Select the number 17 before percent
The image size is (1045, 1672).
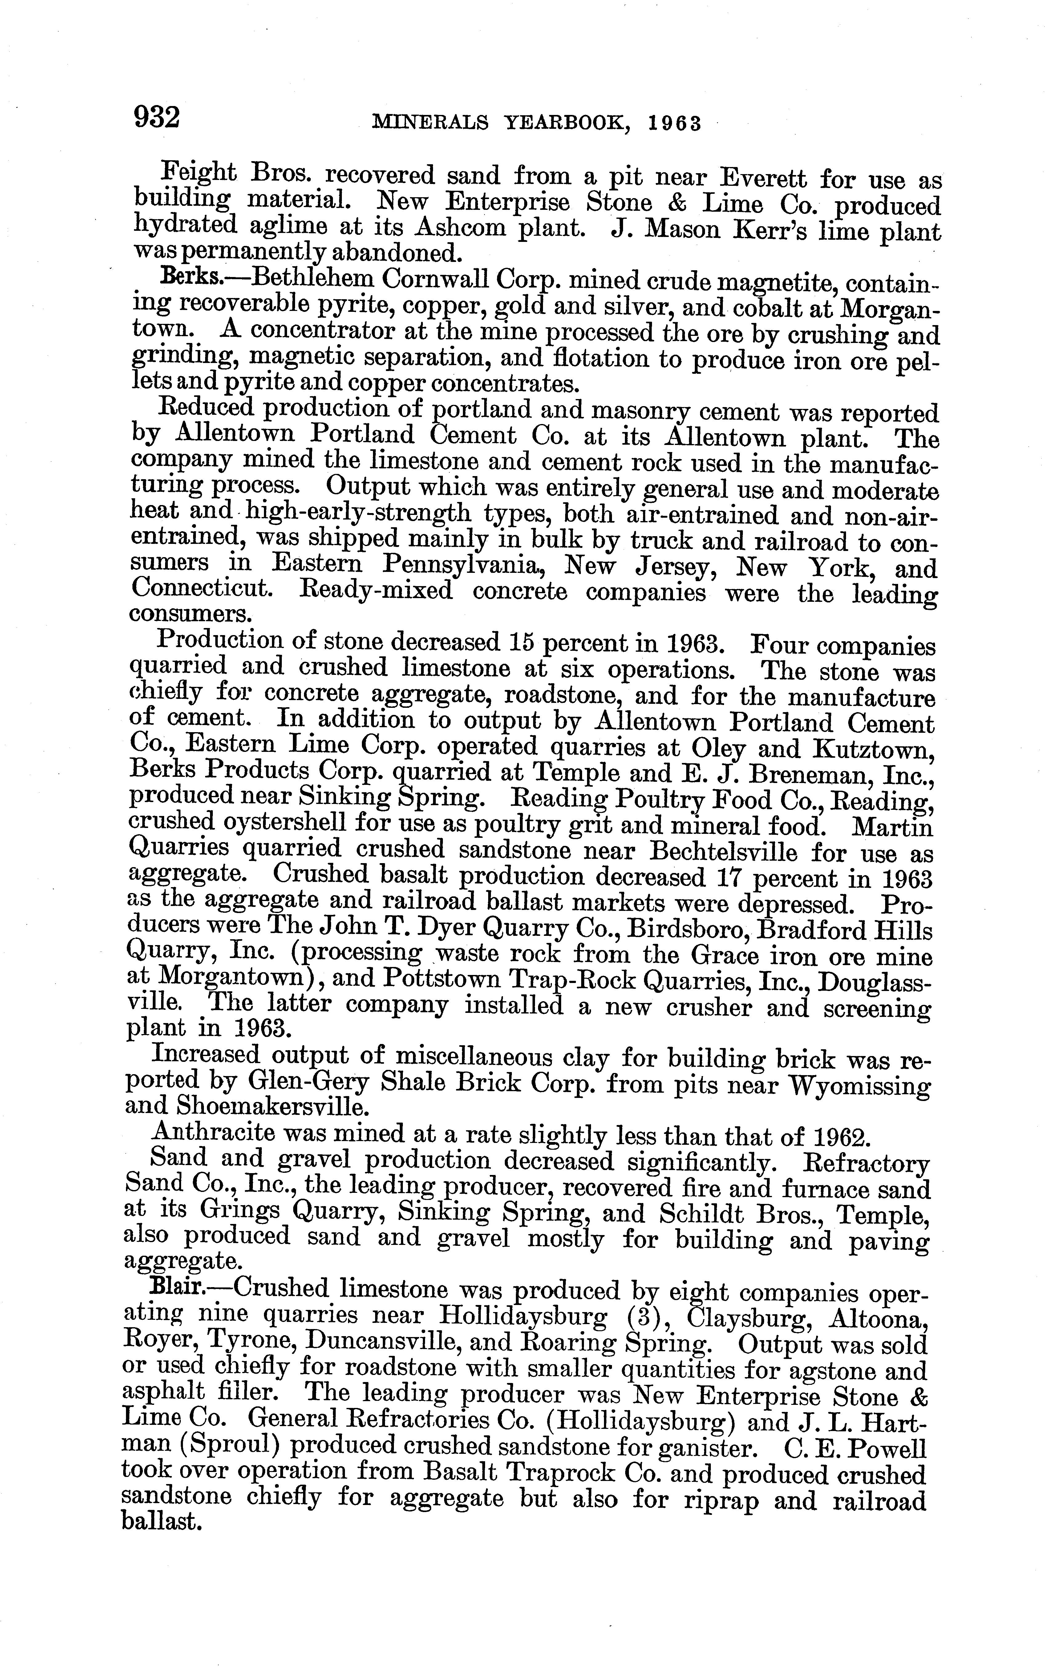pyautogui.click(x=727, y=878)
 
